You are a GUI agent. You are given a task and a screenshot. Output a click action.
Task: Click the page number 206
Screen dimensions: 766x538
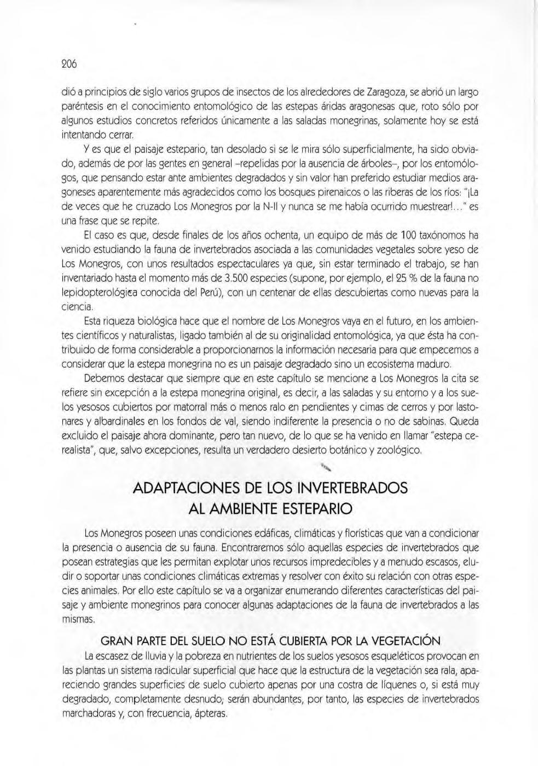pos(69,63)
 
